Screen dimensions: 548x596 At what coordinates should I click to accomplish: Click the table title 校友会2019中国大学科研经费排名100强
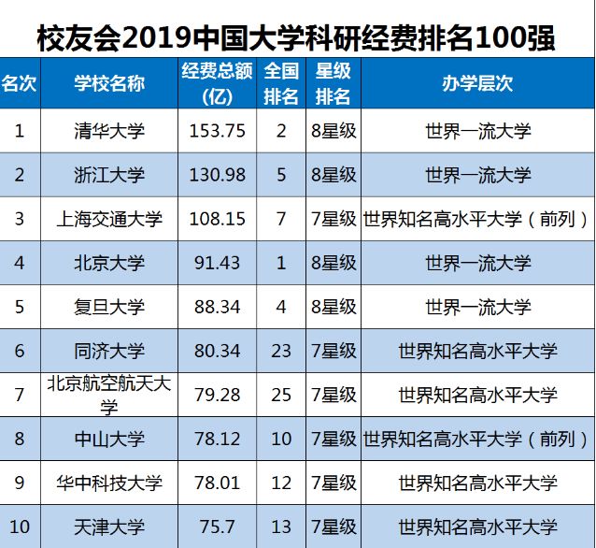coord(297,38)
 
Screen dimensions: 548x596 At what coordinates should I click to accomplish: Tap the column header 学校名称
coord(109,83)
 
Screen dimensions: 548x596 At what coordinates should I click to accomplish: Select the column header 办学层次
coord(476,83)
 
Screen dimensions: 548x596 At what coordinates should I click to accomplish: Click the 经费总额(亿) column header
coord(217,83)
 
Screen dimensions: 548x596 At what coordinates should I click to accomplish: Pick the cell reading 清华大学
coord(109,132)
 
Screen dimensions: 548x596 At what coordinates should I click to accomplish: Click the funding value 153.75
coord(217,132)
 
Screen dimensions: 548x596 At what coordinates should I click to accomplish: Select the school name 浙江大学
coord(109,175)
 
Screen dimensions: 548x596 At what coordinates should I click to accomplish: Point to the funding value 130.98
coord(217,175)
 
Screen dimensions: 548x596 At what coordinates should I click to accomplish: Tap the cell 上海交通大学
coord(109,219)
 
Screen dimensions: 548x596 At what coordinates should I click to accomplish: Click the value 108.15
coord(217,219)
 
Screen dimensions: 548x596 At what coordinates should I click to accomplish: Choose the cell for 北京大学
coord(109,263)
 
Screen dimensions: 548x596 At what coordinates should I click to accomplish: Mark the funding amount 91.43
coord(217,263)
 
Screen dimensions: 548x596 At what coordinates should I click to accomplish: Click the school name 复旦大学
coord(109,307)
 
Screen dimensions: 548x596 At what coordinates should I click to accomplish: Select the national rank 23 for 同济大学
coord(281,351)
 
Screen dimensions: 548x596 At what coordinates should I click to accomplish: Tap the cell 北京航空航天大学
coord(109,394)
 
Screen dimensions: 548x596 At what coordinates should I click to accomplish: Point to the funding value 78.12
coord(217,438)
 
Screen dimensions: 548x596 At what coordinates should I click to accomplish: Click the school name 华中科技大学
coord(109,483)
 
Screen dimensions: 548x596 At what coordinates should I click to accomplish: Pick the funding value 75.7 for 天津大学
coord(217,526)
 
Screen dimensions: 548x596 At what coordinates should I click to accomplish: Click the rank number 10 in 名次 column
coord(20,526)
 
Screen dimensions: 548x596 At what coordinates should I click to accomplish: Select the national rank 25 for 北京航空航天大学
coord(281,394)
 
